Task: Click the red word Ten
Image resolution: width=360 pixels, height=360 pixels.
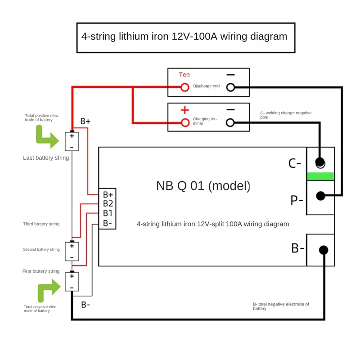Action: (x=184, y=75)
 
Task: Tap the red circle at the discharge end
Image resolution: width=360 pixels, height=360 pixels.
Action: (x=184, y=87)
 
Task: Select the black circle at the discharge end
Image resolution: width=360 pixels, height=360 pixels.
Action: (x=230, y=87)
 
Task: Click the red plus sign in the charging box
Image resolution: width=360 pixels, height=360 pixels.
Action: (x=184, y=110)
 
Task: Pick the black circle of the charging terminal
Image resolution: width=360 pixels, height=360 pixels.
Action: (x=230, y=122)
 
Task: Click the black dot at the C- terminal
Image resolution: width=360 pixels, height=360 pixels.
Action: (x=320, y=162)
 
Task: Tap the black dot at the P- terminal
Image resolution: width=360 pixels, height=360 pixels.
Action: (x=320, y=196)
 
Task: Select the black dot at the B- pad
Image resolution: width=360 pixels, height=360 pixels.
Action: (x=323, y=250)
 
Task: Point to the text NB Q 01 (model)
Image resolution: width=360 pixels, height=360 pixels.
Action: (x=203, y=186)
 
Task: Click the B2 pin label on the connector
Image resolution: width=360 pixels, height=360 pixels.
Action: (x=108, y=204)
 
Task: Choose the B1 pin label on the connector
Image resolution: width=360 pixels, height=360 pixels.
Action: (x=108, y=213)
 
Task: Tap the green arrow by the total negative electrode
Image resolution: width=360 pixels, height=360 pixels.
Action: (x=49, y=290)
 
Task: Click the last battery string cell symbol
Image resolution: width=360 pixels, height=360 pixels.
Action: (x=72, y=141)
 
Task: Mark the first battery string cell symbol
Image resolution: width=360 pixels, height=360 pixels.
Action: (x=72, y=282)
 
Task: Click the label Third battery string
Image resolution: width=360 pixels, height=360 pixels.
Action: (x=41, y=224)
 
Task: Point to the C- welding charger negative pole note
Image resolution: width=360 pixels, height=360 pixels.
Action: (x=286, y=115)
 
